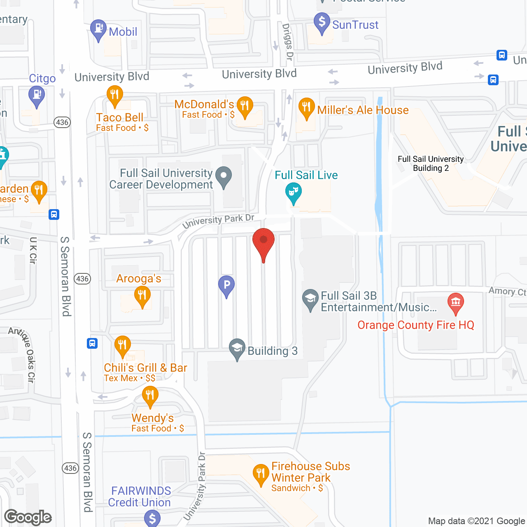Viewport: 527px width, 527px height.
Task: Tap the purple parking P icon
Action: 226,285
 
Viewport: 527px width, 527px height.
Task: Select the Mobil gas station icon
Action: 98,29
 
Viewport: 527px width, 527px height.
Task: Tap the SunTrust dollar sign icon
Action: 322,22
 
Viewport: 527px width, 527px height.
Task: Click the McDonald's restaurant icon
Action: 245,106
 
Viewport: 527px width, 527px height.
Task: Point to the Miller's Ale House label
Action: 363,110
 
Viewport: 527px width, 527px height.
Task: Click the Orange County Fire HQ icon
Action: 455,303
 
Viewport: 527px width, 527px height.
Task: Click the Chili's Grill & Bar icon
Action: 122,345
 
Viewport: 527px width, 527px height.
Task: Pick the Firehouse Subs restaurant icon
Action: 261,474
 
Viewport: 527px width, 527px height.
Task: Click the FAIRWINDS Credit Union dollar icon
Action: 152,518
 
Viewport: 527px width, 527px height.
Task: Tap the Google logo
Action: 28,517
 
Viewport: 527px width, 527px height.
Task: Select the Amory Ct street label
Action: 507,291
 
